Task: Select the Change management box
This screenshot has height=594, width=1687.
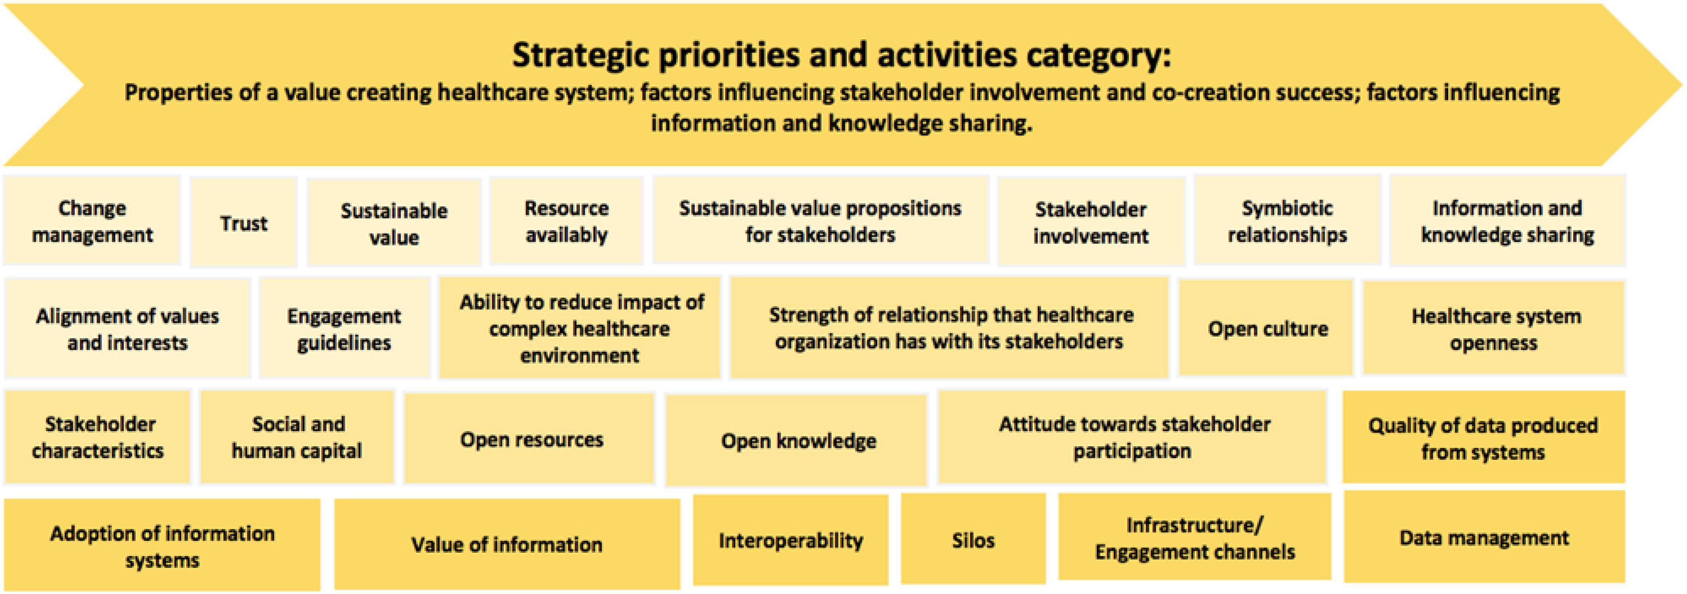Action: [x=92, y=221]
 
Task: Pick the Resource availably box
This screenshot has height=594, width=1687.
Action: [x=567, y=221]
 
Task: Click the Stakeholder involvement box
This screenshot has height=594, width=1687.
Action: [x=1091, y=222]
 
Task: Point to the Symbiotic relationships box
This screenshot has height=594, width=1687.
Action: [x=1288, y=221]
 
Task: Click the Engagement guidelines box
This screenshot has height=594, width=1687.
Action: [x=345, y=328]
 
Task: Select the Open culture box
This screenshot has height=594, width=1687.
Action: [x=1266, y=327]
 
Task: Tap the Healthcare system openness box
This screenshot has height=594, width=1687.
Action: [x=1495, y=328]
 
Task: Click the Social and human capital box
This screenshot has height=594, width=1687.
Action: [x=297, y=437]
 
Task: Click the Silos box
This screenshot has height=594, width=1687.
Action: [x=973, y=539]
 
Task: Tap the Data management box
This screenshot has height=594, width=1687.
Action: [x=1485, y=537]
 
